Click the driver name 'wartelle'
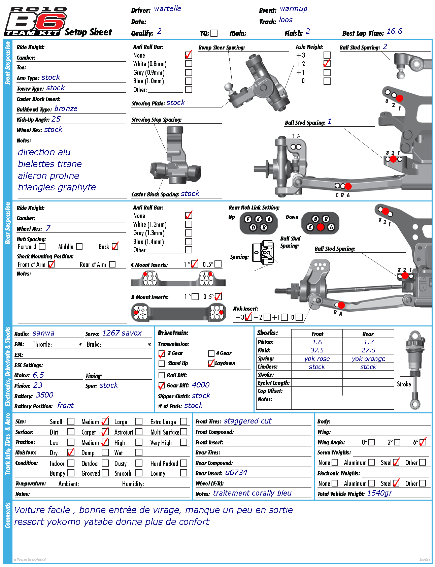(x=167, y=9)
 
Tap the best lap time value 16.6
(x=394, y=31)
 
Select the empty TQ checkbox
(x=214, y=33)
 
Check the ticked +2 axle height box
(x=327, y=63)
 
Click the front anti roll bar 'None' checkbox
(x=189, y=55)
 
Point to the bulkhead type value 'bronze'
(x=66, y=109)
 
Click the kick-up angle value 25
(x=56, y=119)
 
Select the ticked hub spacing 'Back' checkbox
(x=115, y=246)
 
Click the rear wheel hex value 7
(x=48, y=228)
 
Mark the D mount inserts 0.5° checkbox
(x=218, y=297)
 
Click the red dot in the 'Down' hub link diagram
(x=321, y=227)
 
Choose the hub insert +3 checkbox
(x=248, y=317)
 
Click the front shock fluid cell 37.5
(x=317, y=350)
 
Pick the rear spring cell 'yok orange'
(x=368, y=359)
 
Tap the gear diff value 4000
(x=200, y=385)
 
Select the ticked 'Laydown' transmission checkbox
(x=211, y=363)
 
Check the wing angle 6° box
(x=423, y=442)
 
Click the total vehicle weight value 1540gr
(x=379, y=493)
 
